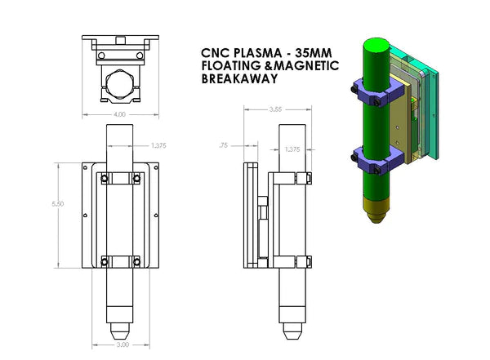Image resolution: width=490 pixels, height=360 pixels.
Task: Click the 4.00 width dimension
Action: click(x=119, y=115)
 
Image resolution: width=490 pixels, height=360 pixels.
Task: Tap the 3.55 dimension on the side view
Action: click(x=274, y=108)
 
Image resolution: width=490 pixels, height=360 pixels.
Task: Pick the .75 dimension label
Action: click(x=225, y=145)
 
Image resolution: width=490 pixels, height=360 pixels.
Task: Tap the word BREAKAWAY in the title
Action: click(x=238, y=80)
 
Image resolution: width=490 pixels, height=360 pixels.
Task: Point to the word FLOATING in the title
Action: click(x=230, y=66)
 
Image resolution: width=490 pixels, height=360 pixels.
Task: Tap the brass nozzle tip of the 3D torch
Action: click(x=374, y=216)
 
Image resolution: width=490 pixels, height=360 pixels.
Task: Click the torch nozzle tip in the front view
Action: click(x=120, y=332)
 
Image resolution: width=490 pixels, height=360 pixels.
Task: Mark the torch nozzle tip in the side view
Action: click(x=292, y=332)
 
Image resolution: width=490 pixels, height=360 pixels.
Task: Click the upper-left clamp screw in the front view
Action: click(x=104, y=176)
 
